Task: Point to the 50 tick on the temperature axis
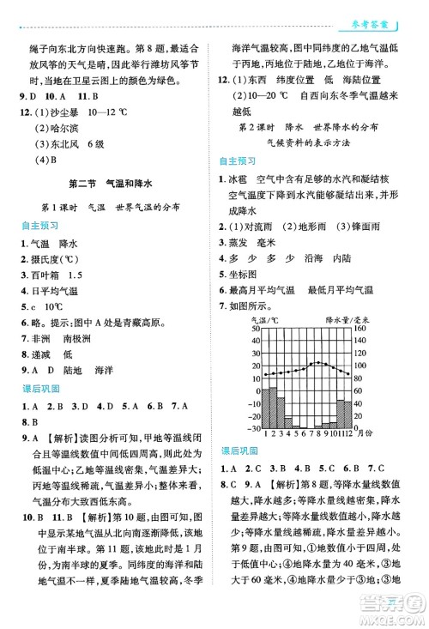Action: coord(256,329)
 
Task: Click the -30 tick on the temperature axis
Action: coord(254,427)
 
